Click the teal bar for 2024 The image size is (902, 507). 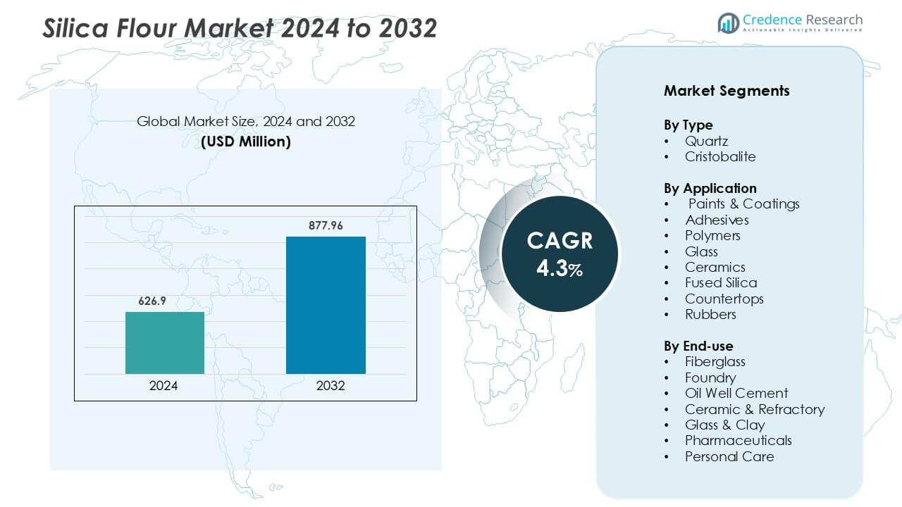click(x=165, y=342)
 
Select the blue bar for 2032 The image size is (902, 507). click(x=326, y=305)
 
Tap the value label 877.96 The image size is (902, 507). click(x=326, y=225)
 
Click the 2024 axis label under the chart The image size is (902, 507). click(x=163, y=386)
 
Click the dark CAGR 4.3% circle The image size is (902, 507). click(x=560, y=254)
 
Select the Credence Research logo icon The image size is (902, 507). click(x=728, y=23)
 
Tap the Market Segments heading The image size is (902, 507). click(x=727, y=91)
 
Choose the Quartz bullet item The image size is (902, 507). click(x=706, y=141)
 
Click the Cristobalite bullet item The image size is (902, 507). click(x=720, y=156)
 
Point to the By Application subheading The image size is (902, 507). click(x=710, y=188)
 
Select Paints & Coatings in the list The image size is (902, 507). click(x=743, y=204)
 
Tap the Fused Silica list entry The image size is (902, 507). click(x=721, y=282)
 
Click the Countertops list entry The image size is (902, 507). click(x=724, y=299)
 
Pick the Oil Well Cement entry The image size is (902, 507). click(x=736, y=393)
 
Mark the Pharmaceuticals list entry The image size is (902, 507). click(x=738, y=440)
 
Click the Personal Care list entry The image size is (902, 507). click(x=729, y=456)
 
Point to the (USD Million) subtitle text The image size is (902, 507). click(x=246, y=141)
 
